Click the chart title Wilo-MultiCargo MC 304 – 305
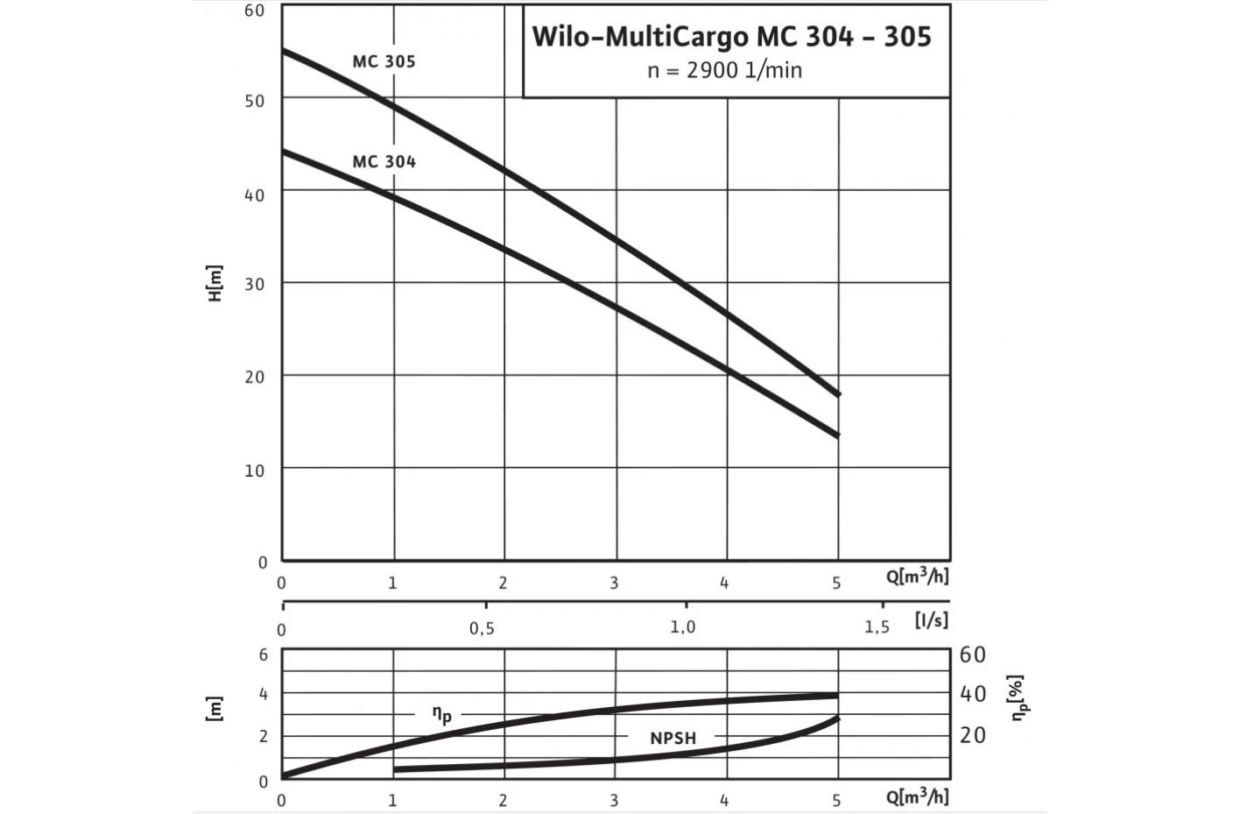click(x=731, y=37)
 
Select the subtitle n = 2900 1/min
click(x=724, y=70)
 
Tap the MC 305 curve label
click(x=384, y=61)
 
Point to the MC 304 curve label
click(x=384, y=162)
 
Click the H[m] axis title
click(x=215, y=283)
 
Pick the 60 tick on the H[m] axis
click(x=255, y=11)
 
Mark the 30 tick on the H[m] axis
click(x=255, y=284)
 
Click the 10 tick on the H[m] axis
click(x=255, y=471)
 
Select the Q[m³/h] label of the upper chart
click(x=917, y=577)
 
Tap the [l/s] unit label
click(x=932, y=619)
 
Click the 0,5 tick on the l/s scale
click(x=483, y=628)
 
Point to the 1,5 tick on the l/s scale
click(x=877, y=626)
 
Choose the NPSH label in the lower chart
click(x=673, y=738)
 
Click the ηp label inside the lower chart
click(x=441, y=714)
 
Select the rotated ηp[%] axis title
click(x=1018, y=697)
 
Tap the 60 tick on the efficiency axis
click(x=973, y=655)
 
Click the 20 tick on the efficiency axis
click(x=973, y=735)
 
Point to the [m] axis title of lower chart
click(x=215, y=709)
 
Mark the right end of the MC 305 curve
click(x=838, y=394)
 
